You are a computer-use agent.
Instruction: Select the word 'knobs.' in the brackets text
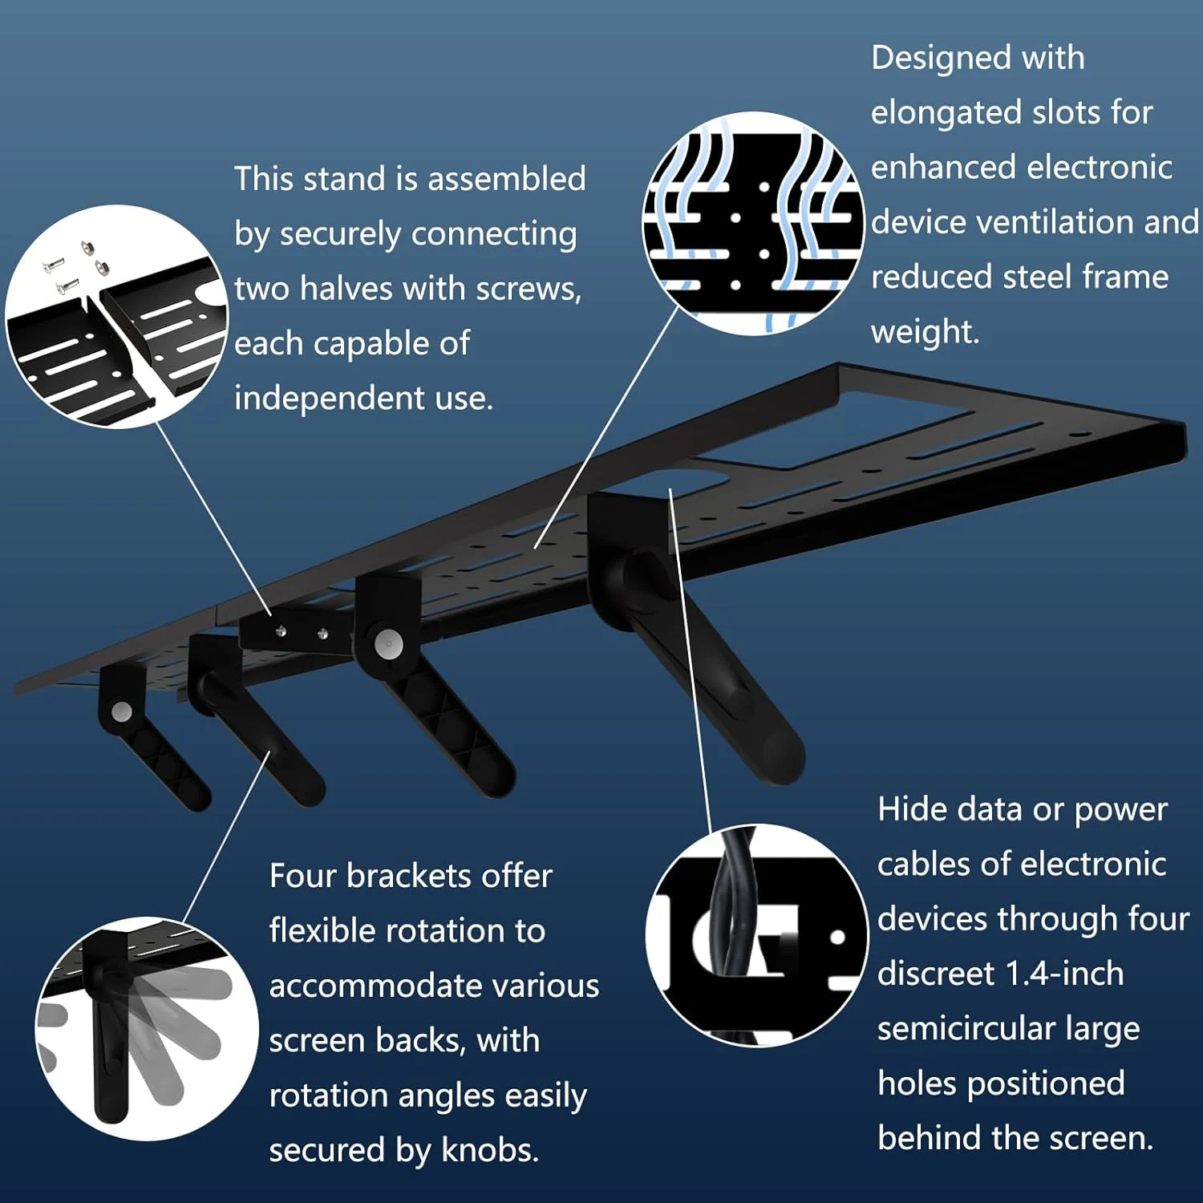click(490, 1151)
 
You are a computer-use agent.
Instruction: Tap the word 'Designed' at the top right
click(931, 58)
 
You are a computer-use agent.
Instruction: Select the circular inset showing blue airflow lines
click(753, 223)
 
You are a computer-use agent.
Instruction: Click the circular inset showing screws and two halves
click(116, 316)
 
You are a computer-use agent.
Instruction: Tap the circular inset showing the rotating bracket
click(146, 1028)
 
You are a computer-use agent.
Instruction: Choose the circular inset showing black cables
click(756, 935)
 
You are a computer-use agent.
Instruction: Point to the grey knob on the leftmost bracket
click(122, 711)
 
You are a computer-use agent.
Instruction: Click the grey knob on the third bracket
click(388, 644)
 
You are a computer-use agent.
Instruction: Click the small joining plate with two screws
click(297, 633)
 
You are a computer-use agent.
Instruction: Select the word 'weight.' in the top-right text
click(925, 332)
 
